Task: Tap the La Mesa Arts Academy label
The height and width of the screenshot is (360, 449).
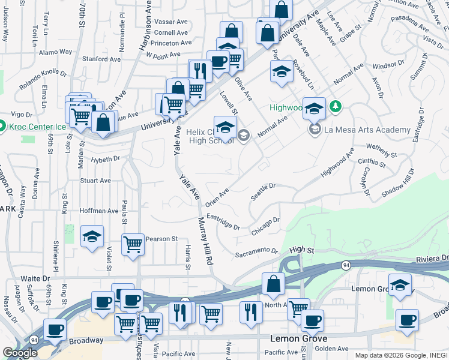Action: click(x=367, y=130)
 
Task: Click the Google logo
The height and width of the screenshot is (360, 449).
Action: click(x=20, y=353)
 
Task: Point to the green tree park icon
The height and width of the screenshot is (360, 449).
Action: click(x=336, y=107)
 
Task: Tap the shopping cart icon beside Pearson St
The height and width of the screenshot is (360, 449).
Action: click(x=133, y=244)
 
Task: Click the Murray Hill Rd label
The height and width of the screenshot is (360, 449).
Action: click(x=206, y=241)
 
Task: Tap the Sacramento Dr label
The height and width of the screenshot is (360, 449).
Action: click(x=256, y=253)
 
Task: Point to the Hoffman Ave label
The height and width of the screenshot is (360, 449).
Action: click(x=99, y=211)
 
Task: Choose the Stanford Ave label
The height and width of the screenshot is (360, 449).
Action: click(x=101, y=59)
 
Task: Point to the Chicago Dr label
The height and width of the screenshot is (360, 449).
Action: click(x=266, y=226)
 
